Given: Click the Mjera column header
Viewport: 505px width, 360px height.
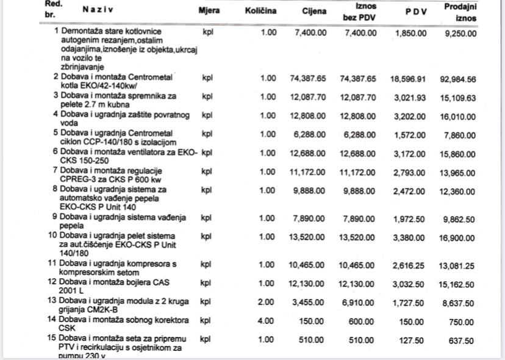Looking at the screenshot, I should click(x=209, y=11).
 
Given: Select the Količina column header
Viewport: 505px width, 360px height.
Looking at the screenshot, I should click(x=260, y=11).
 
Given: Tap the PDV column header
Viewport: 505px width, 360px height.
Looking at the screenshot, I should click(x=416, y=12).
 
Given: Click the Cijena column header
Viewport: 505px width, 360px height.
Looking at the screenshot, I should click(x=313, y=12).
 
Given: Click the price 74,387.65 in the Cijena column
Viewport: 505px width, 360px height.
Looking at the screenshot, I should click(x=307, y=79).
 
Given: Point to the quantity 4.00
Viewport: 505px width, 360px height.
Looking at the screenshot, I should click(x=268, y=320).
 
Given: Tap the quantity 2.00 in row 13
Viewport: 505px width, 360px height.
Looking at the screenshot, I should click(x=268, y=302).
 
